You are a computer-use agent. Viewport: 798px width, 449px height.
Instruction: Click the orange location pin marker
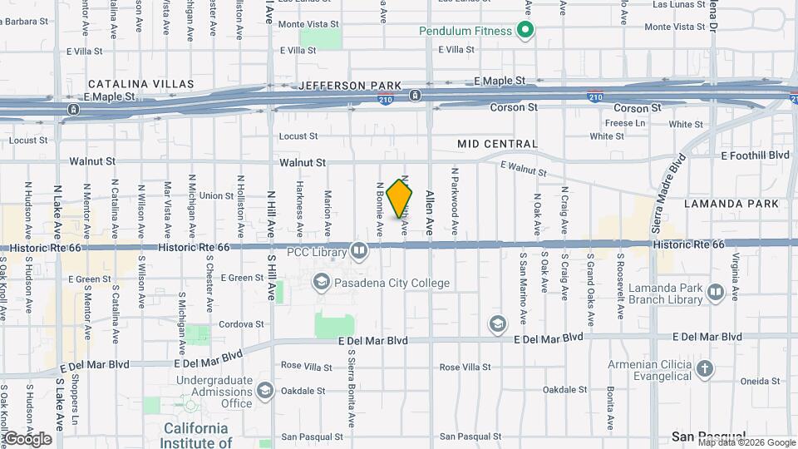pyautogui.click(x=400, y=198)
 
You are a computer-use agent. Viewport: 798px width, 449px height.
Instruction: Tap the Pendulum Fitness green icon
pyautogui.click(x=525, y=32)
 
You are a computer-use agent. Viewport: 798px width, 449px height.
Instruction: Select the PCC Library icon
pyautogui.click(x=358, y=249)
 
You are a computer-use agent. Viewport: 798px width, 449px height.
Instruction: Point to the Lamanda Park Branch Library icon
pyautogui.click(x=714, y=293)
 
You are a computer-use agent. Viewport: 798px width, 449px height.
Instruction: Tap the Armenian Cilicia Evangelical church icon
pyautogui.click(x=704, y=368)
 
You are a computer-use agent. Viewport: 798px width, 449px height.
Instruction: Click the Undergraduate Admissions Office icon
pyautogui.click(x=264, y=391)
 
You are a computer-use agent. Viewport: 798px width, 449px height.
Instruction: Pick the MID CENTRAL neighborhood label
pyautogui.click(x=497, y=144)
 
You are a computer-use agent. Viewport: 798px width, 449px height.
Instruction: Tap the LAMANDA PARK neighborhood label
pyautogui.click(x=731, y=203)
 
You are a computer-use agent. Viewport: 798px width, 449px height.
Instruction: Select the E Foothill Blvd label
pyautogui.click(x=755, y=155)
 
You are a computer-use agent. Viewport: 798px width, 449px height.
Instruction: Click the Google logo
pyautogui.click(x=27, y=438)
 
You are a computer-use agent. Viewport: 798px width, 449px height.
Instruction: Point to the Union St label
pyautogui.click(x=216, y=195)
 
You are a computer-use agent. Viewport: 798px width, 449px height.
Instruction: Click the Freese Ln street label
pyautogui.click(x=625, y=123)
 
